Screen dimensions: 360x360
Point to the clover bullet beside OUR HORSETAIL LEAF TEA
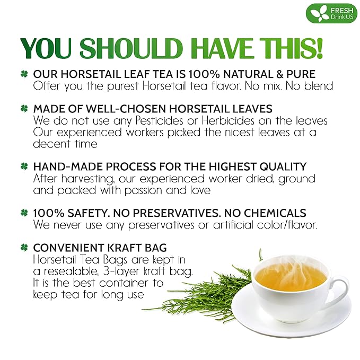coord(23,75)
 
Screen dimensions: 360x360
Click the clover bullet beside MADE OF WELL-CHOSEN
coord(23,109)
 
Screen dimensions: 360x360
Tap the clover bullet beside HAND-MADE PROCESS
coord(23,167)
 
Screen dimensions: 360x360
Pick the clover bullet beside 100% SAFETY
coord(23,213)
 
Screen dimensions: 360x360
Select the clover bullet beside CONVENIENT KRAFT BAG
coord(23,247)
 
